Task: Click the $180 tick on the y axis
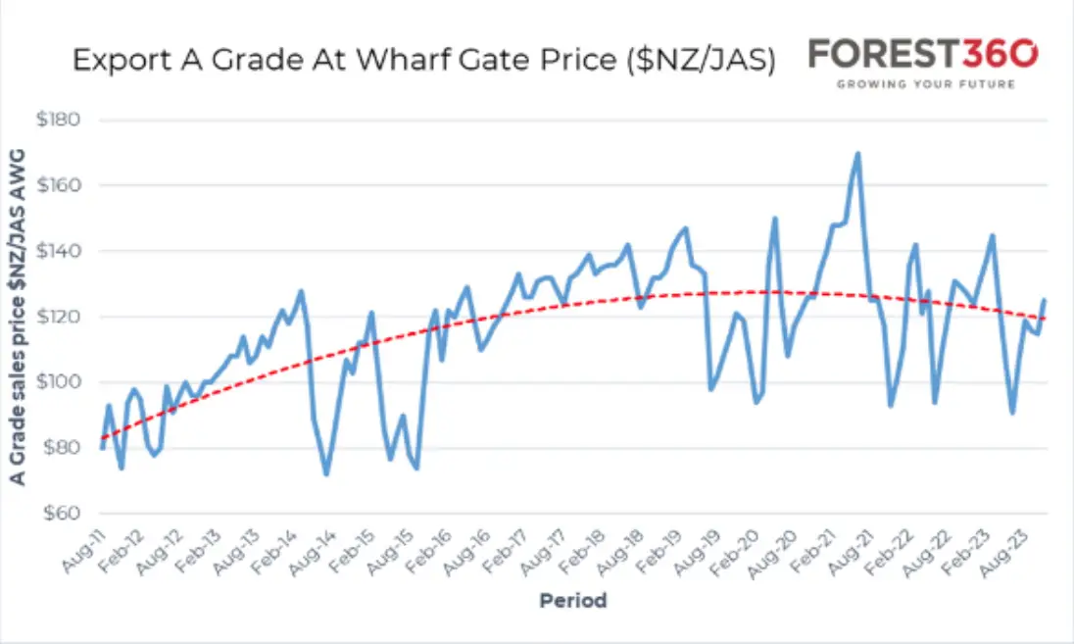[58, 120]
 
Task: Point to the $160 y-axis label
[58, 185]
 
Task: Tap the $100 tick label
[58, 381]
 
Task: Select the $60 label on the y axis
[61, 513]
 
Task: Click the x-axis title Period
[573, 600]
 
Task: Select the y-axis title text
[18, 318]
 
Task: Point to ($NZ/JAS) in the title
[702, 61]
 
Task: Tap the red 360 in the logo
[1001, 54]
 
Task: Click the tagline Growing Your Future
[925, 84]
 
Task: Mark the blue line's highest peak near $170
[857, 154]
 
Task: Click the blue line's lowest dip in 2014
[326, 473]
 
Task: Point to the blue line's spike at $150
[775, 220]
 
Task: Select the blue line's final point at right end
[1045, 299]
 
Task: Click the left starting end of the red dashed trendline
[102, 438]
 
